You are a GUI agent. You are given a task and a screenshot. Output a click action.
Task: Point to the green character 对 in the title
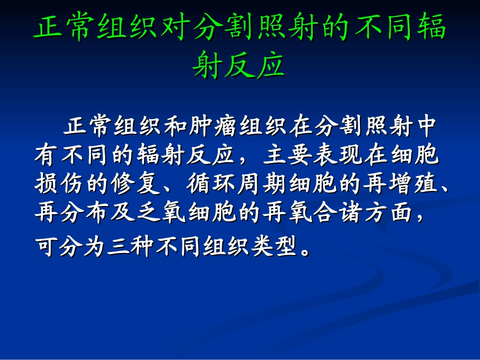174,28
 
